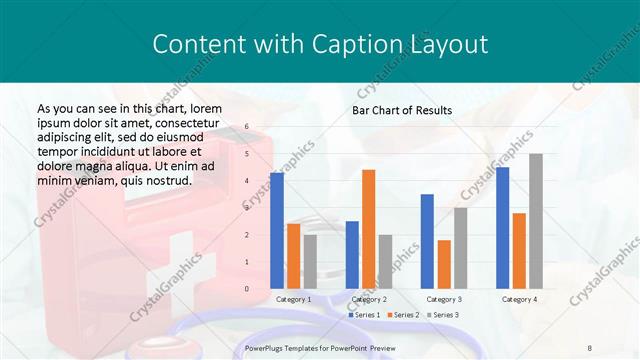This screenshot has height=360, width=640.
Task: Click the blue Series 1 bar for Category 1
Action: (277, 231)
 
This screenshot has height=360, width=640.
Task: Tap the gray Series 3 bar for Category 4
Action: (536, 221)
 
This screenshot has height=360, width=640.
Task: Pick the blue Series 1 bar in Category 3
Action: (427, 241)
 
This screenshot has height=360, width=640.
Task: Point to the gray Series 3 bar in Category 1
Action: (310, 262)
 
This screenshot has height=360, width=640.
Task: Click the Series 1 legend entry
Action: (365, 315)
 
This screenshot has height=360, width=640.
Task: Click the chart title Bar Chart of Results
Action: (402, 110)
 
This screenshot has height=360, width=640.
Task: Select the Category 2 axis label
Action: (368, 299)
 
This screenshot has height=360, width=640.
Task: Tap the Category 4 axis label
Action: (518, 299)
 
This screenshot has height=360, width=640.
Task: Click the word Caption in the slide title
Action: (365, 44)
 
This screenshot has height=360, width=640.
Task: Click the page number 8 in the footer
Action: (590, 347)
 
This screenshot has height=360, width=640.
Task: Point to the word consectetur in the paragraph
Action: (181, 121)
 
